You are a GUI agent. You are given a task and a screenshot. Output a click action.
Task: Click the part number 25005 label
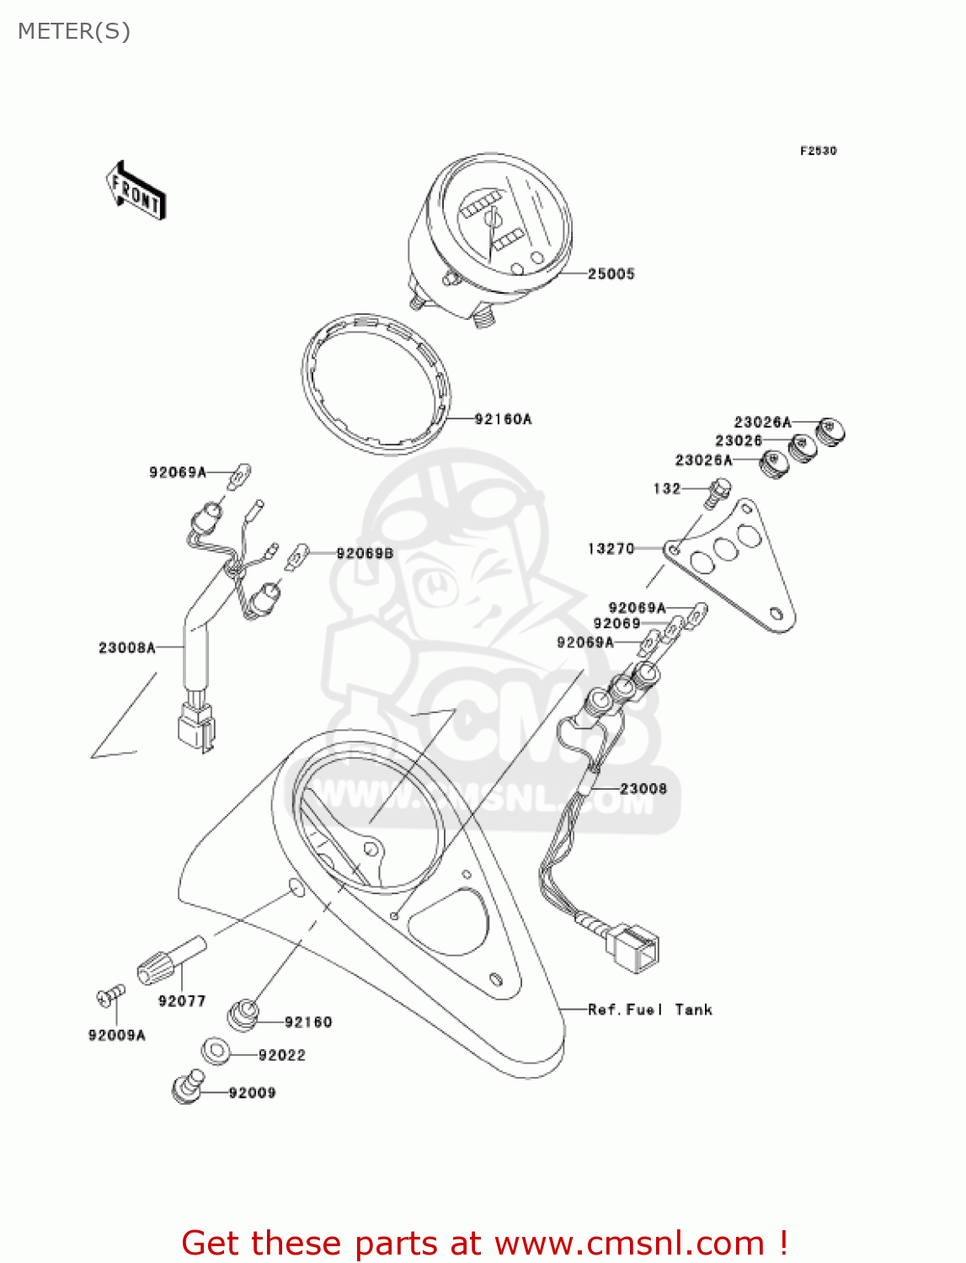(611, 274)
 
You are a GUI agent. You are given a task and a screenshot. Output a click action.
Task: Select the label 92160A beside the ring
(503, 418)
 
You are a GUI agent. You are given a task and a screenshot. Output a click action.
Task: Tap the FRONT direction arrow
(135, 190)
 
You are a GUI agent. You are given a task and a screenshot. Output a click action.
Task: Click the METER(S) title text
(74, 31)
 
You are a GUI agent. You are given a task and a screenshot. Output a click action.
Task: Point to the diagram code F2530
(818, 151)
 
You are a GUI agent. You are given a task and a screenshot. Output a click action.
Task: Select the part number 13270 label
(611, 549)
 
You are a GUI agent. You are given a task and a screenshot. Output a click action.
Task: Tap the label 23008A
(127, 647)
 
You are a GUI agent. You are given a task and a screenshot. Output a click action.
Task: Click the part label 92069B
(365, 553)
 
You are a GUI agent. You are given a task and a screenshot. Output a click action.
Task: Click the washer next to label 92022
(217, 1051)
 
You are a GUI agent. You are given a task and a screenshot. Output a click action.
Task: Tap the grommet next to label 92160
(243, 1014)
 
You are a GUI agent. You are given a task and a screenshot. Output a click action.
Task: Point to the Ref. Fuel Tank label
(649, 1010)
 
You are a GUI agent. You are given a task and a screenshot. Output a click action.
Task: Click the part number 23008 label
(643, 789)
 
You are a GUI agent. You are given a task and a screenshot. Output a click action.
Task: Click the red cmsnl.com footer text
(484, 1243)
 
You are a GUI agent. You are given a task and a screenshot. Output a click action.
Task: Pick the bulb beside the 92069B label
(297, 557)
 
